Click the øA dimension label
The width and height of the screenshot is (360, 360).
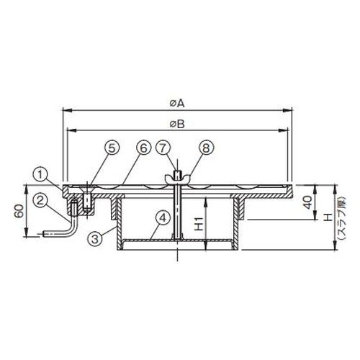click(x=177, y=104)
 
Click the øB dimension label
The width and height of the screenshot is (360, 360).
click(x=177, y=124)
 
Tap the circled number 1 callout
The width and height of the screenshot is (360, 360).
click(x=40, y=175)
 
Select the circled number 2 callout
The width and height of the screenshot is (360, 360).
click(x=40, y=200)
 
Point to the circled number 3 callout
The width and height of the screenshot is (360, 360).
click(x=95, y=238)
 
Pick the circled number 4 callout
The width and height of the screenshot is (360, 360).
click(x=163, y=219)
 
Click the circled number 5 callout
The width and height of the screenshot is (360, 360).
click(x=112, y=148)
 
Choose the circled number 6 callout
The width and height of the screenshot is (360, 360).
click(x=143, y=148)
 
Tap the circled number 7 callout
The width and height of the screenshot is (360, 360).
click(x=163, y=148)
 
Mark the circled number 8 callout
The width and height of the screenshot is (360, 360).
click(x=206, y=148)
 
